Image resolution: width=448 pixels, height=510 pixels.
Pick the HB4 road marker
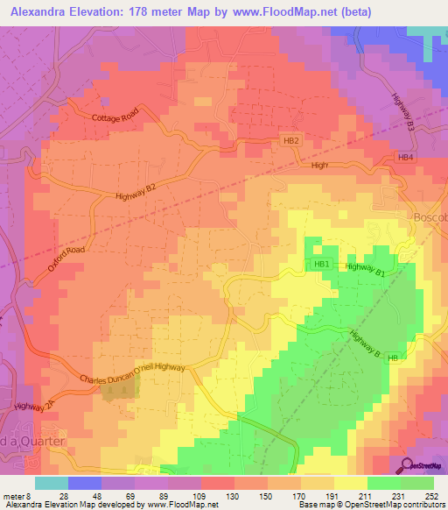point(404,158)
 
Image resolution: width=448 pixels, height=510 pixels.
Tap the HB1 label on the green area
point(321,264)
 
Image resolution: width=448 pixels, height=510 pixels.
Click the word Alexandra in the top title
point(39,12)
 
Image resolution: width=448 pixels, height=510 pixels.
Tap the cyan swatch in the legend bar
point(51,482)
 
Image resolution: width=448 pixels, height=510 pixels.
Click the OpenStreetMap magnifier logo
point(406,466)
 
